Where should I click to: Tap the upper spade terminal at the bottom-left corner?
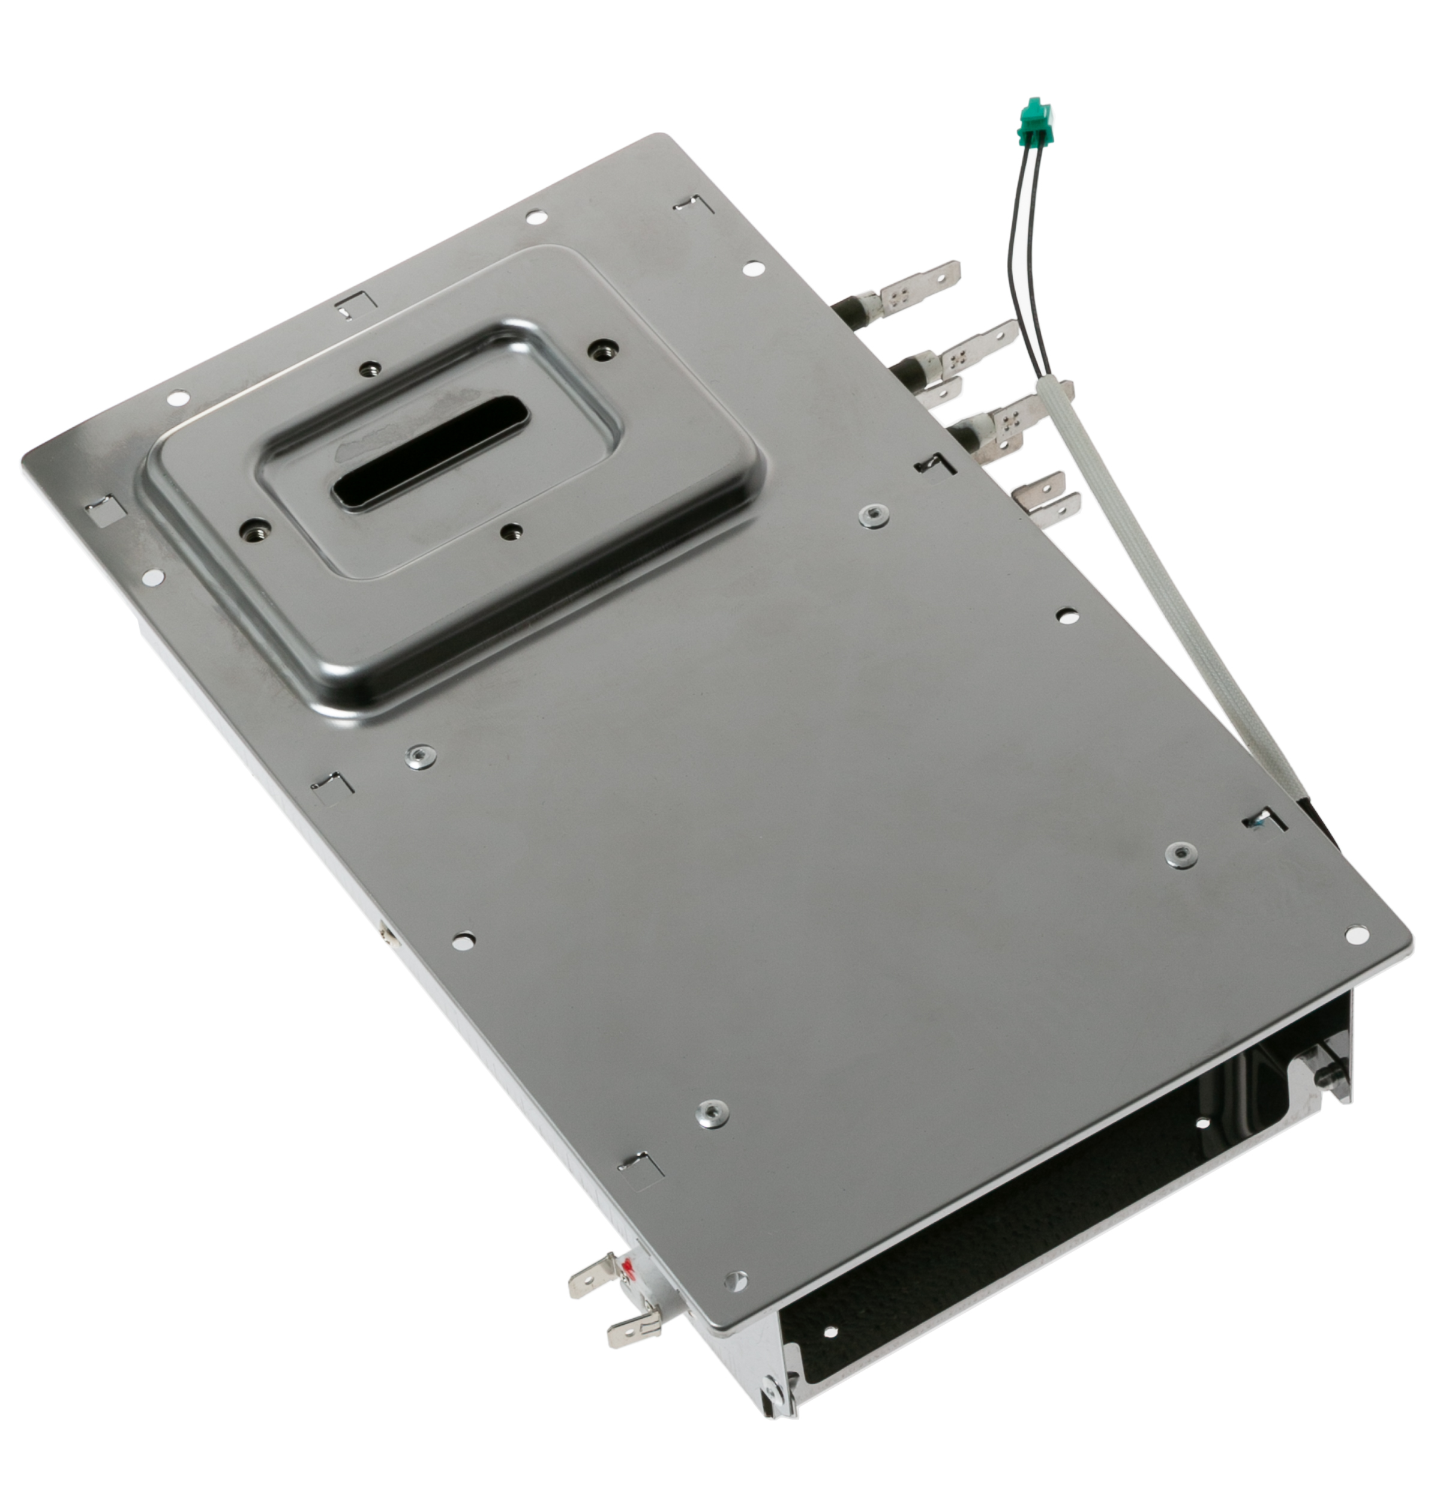pos(592,1276)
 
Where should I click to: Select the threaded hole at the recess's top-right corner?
pos(604,347)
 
